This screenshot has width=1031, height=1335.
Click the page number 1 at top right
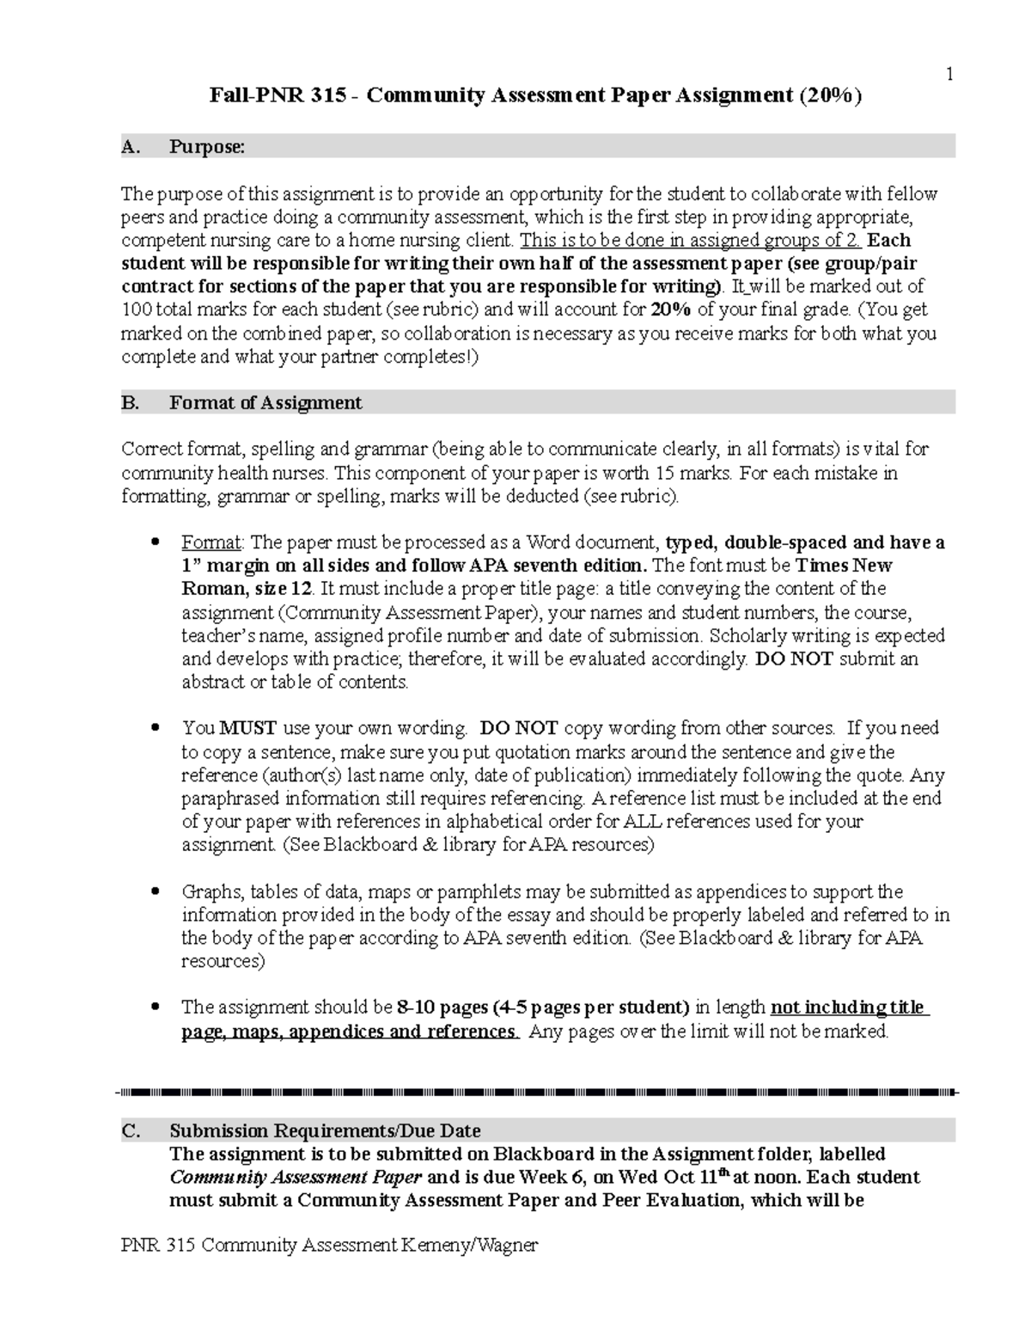coord(949,75)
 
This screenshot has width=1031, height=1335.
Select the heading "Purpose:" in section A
coord(207,147)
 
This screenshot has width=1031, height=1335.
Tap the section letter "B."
coord(131,402)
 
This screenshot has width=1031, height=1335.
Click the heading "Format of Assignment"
coord(265,402)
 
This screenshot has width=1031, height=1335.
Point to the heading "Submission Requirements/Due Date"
coord(325,1130)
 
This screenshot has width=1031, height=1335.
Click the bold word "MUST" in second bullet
coord(247,728)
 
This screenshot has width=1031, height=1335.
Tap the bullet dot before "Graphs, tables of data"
coord(156,891)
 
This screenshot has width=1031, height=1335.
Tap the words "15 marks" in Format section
coord(699,473)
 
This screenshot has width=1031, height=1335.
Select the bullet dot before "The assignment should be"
coord(156,1007)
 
